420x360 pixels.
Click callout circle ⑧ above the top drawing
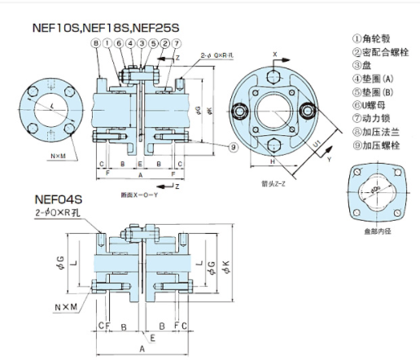click(96, 42)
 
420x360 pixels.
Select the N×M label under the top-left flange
click(58, 155)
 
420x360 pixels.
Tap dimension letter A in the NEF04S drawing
click(142, 349)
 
